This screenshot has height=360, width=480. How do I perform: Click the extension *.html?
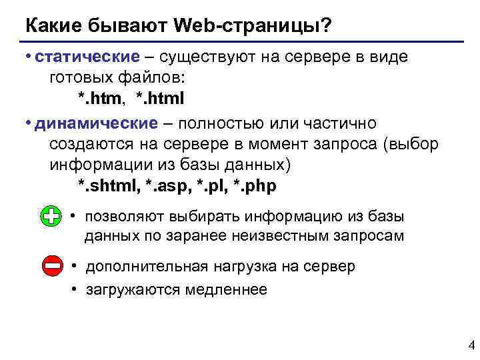coord(159,99)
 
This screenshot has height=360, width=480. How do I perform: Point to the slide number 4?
coord(471,346)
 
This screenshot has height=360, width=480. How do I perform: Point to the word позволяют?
coord(124,217)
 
